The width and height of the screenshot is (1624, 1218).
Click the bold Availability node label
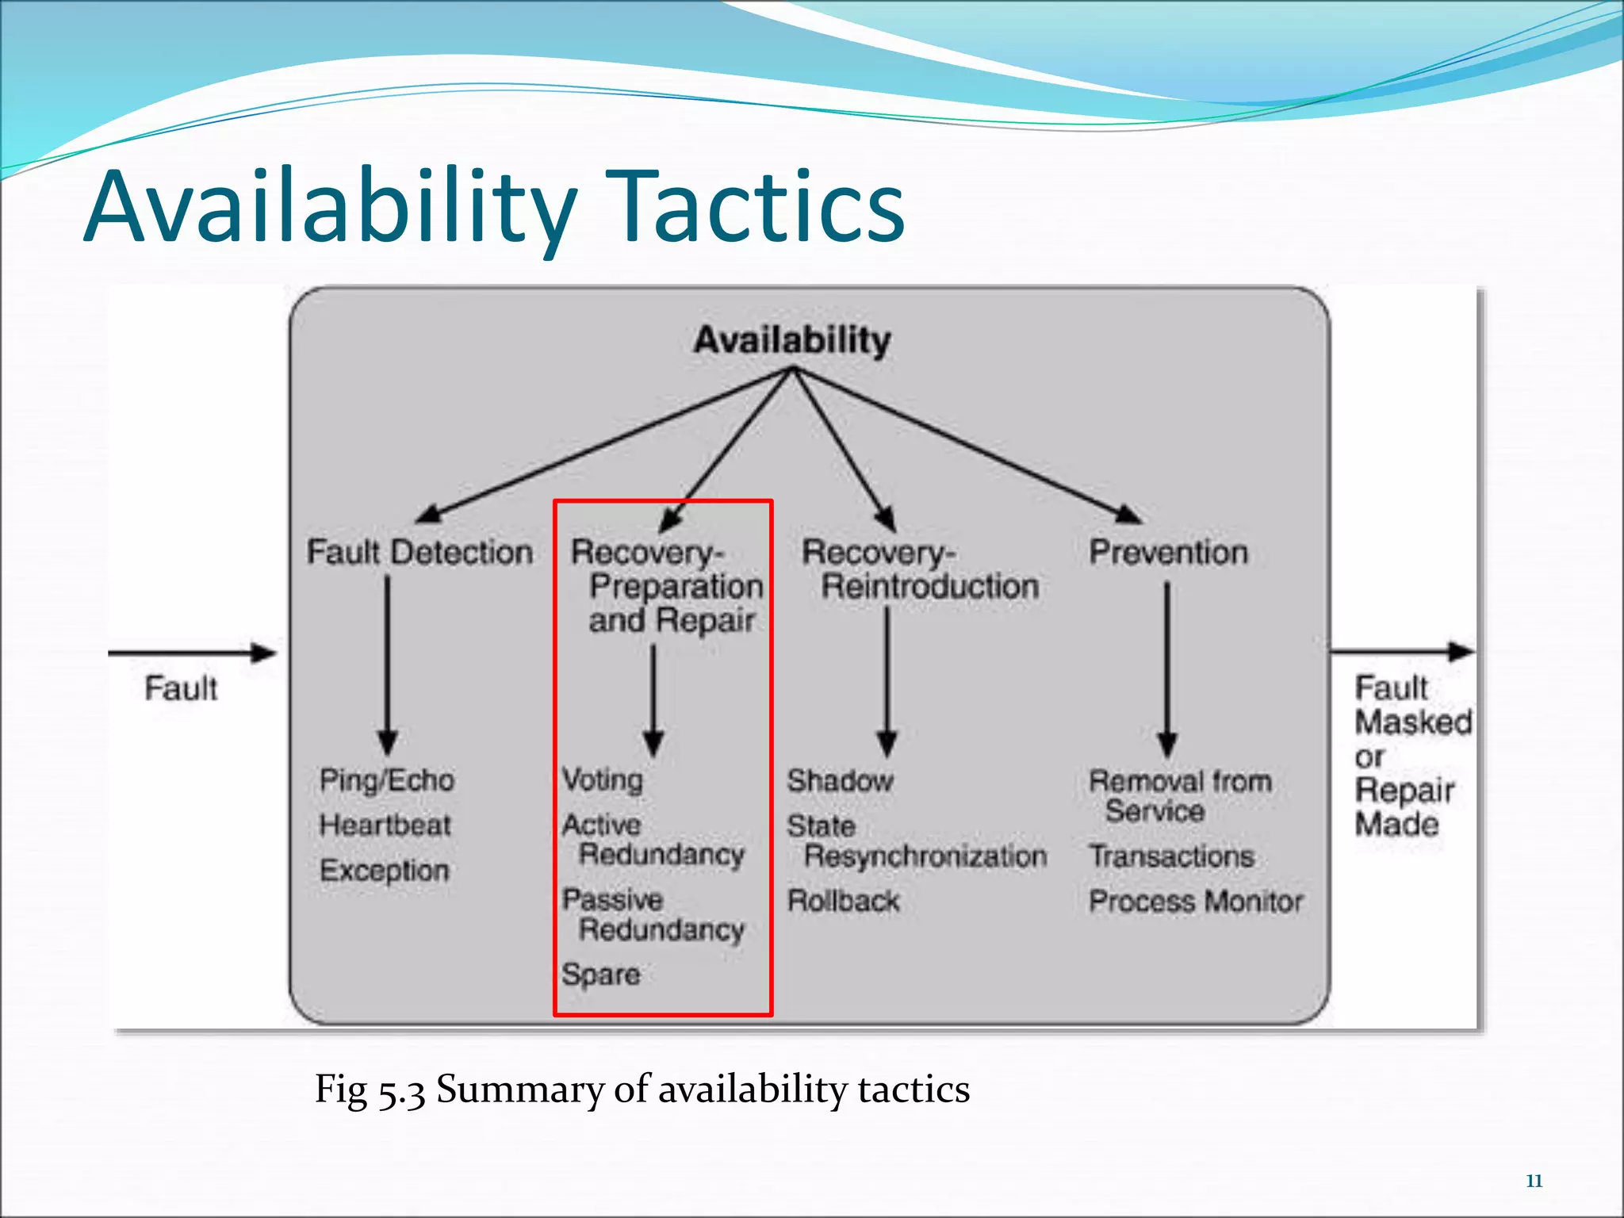coord(791,340)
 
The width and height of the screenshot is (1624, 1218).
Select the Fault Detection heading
coord(419,552)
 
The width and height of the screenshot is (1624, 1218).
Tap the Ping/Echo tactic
coord(387,780)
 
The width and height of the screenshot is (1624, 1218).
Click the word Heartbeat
coord(385,825)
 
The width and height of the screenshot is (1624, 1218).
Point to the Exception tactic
coord(385,871)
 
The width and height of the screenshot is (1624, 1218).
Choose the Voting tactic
coord(603,780)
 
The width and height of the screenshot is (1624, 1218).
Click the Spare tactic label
coord(601,974)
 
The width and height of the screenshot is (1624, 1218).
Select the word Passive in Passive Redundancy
coord(612,900)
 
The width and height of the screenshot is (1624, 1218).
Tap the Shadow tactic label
coord(841,781)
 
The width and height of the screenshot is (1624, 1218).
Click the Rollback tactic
coord(843,902)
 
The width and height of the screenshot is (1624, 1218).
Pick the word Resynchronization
coord(925,856)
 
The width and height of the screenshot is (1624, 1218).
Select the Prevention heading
coord(1168,552)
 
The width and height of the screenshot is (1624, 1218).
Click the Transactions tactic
coord(1171,856)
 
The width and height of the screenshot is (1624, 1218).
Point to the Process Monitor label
coord(1196,902)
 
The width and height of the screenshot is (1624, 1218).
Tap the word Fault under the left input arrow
coord(181,688)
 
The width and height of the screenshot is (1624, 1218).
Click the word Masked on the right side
coord(1413,722)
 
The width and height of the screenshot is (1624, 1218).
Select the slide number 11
coord(1534,1181)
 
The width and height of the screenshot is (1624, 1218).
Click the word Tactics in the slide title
coord(759,208)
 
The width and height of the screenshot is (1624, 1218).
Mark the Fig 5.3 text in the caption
coord(370,1089)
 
